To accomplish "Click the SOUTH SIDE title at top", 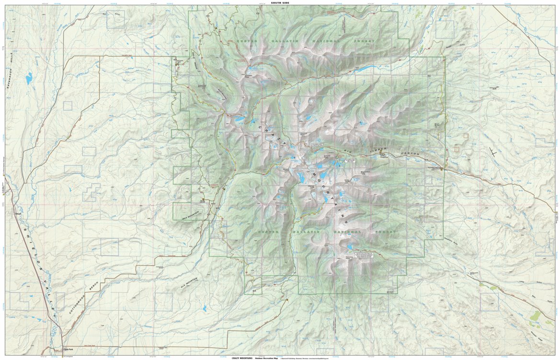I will click(280, 3).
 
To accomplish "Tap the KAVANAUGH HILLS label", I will click(10, 72).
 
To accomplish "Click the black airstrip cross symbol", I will click(493, 153).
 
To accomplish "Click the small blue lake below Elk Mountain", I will click(205, 309).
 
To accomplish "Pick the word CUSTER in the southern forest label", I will click(269, 232).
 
